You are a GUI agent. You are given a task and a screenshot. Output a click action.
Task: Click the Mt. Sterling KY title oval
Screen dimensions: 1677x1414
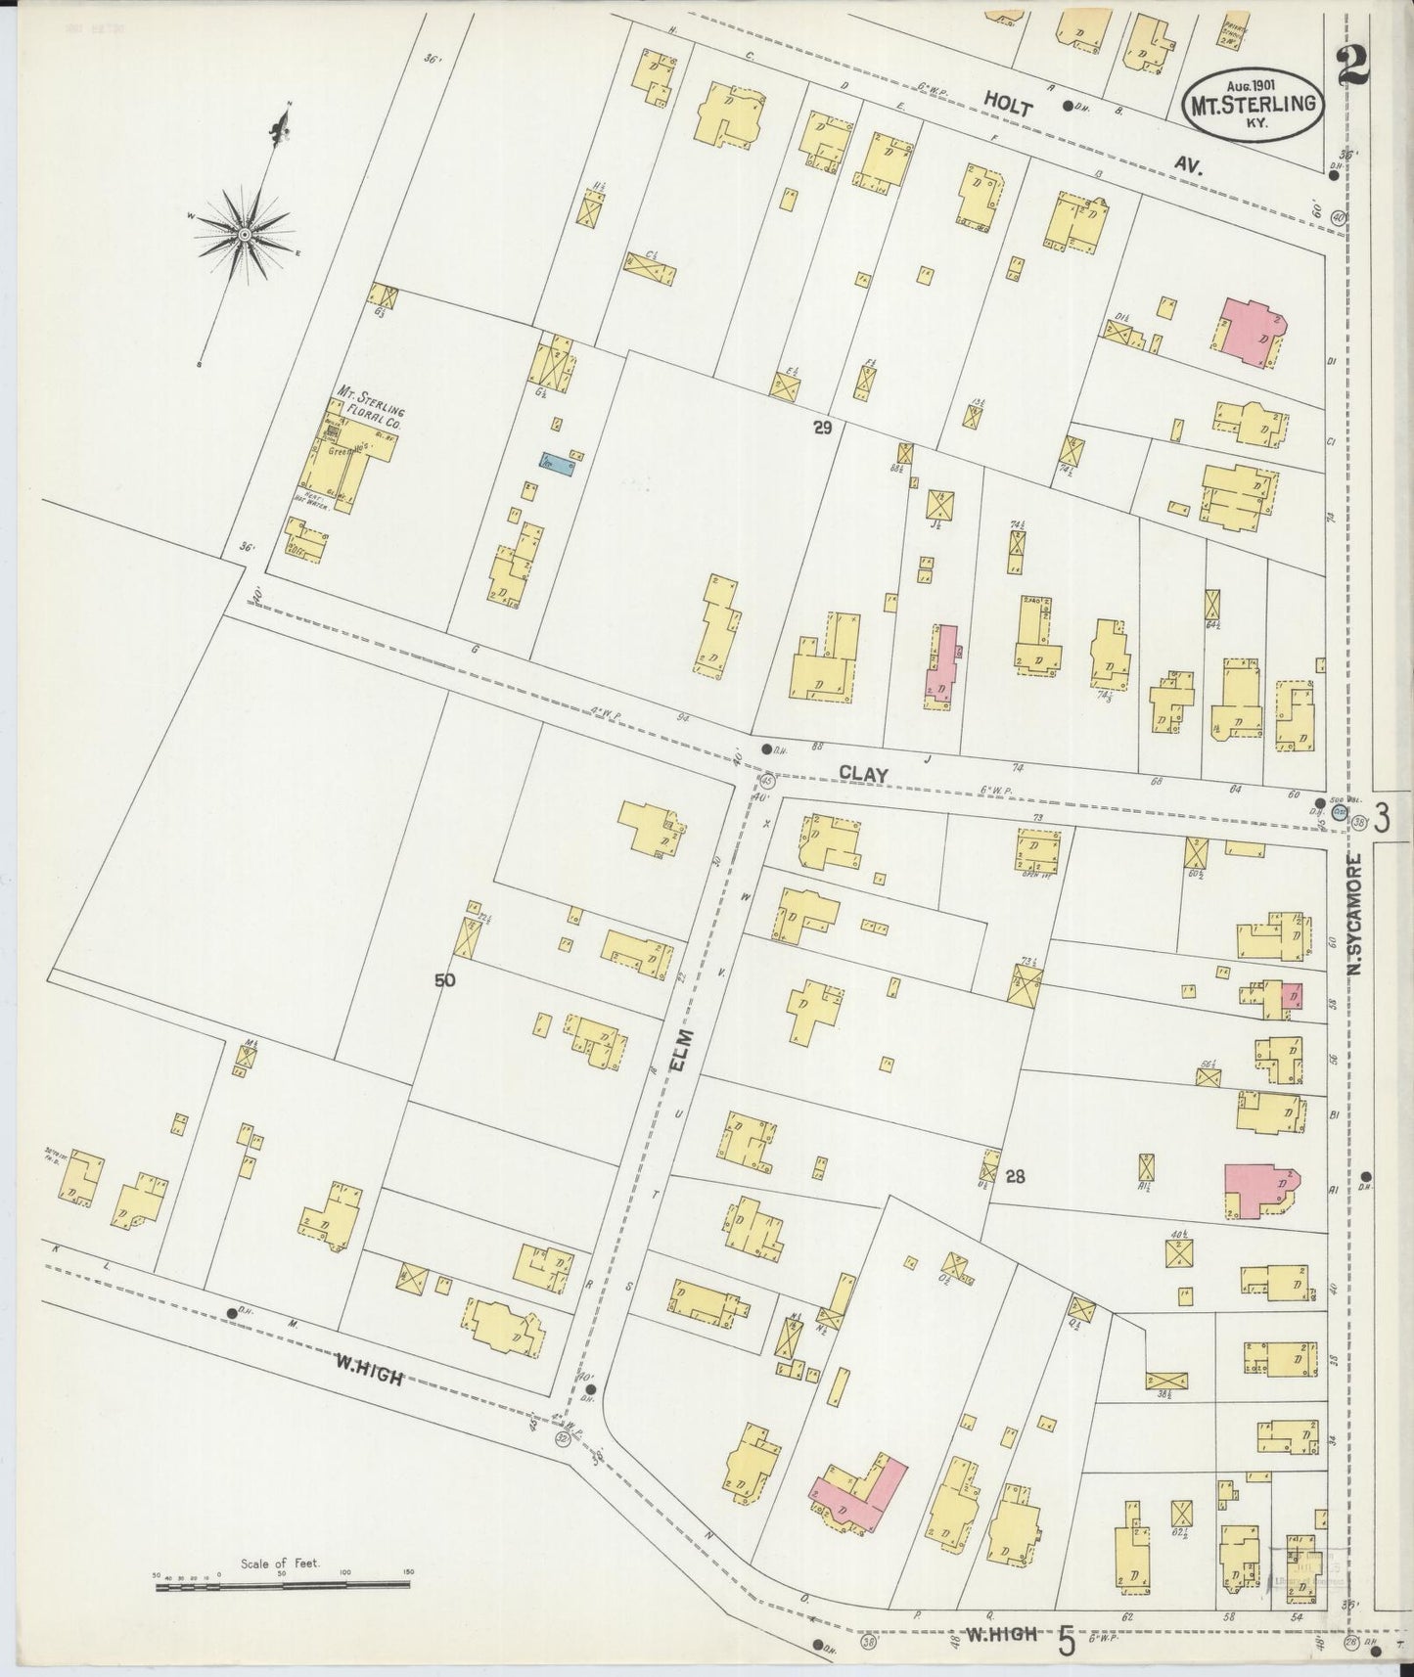point(1254,106)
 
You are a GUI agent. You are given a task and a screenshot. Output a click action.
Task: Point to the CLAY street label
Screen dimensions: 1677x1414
point(862,773)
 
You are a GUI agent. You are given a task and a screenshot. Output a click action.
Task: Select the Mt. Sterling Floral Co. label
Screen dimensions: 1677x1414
point(369,409)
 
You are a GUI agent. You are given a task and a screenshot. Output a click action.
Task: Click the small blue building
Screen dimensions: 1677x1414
point(558,461)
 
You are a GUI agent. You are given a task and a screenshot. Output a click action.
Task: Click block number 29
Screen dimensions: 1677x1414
point(821,427)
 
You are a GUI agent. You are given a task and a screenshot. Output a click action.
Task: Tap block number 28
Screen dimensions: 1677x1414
point(1015,1177)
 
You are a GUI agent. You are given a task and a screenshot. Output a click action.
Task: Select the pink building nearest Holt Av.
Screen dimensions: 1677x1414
point(1252,333)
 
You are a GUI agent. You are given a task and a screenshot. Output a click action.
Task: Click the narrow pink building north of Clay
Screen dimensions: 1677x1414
point(942,668)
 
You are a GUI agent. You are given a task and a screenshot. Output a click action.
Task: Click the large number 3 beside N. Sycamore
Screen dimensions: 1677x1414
point(1382,817)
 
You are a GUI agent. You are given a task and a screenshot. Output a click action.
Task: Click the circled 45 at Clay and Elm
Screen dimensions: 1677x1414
point(767,781)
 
